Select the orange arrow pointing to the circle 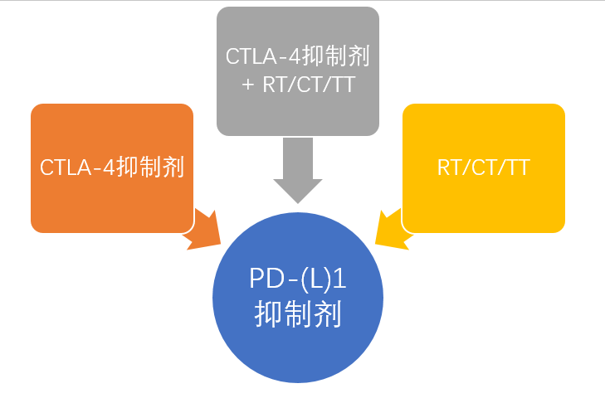coord(202,231)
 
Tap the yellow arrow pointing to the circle coord(392,230)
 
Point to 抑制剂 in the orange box coord(149,168)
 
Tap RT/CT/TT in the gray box coord(308,84)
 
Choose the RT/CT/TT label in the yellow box coord(483,168)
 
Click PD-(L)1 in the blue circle coord(297,280)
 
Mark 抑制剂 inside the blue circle coord(297,314)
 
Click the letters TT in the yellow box coord(518,168)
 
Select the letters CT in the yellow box coord(483,168)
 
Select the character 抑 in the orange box coord(128,168)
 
